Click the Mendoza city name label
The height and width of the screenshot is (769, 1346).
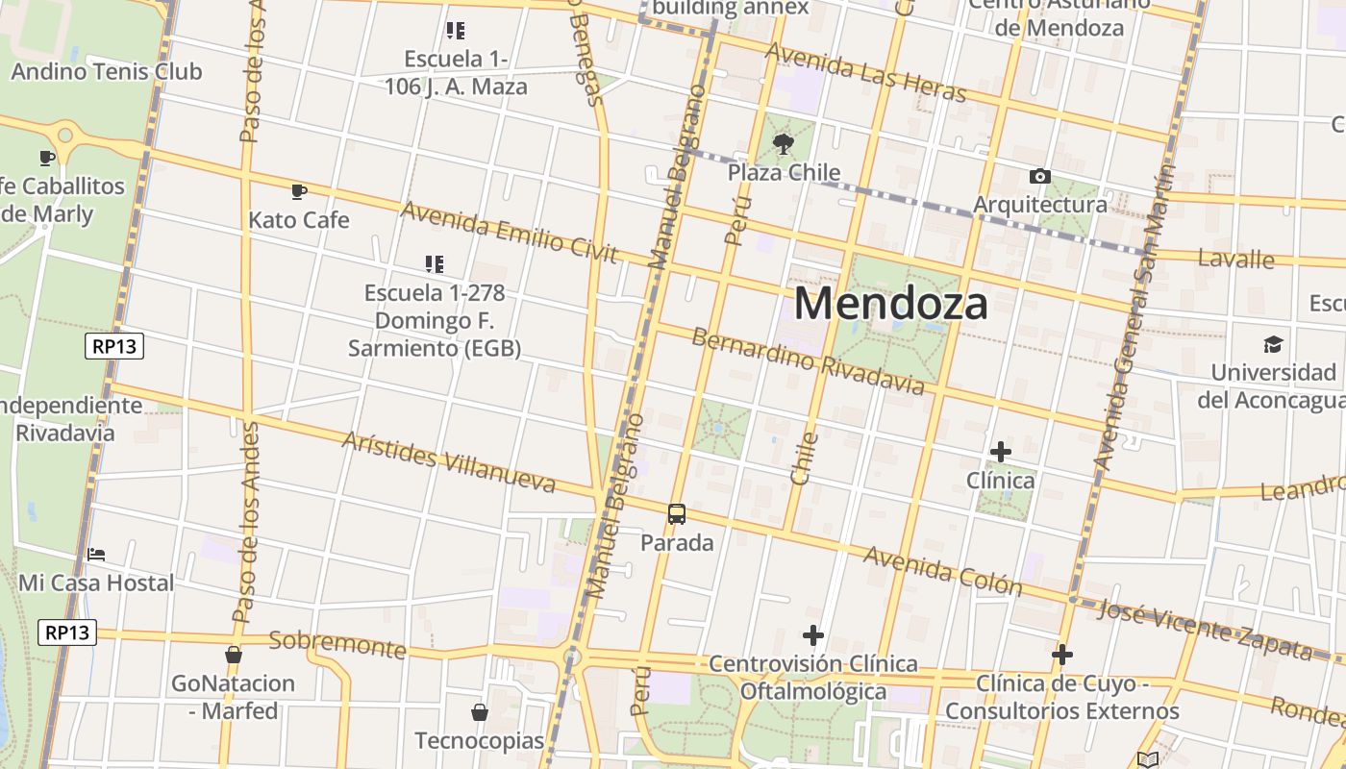890,304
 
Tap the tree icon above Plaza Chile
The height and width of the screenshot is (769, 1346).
784,145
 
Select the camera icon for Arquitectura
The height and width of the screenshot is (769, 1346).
1039,177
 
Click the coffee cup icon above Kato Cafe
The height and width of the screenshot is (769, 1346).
299,191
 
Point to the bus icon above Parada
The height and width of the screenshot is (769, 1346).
677,514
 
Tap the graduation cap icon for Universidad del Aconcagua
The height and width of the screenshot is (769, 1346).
1273,344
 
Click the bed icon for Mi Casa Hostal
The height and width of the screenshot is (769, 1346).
96,555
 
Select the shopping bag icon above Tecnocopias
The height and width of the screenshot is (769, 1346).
479,712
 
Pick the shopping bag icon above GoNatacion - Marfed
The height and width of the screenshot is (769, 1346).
233,655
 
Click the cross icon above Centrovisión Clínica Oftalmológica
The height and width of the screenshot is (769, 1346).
813,635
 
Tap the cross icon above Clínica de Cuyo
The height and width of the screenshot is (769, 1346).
1061,655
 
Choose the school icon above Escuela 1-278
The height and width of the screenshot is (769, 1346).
435,263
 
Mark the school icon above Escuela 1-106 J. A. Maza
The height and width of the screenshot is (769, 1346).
456,31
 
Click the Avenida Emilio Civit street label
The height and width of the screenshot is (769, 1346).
509,232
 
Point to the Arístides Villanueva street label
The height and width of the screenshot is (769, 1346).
449,461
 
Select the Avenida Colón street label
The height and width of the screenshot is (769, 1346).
942,570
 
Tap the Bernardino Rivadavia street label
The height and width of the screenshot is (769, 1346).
808,362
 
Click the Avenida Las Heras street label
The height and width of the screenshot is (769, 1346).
864,72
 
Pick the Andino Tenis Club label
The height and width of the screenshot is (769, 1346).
107,71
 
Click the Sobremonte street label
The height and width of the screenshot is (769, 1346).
337,644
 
